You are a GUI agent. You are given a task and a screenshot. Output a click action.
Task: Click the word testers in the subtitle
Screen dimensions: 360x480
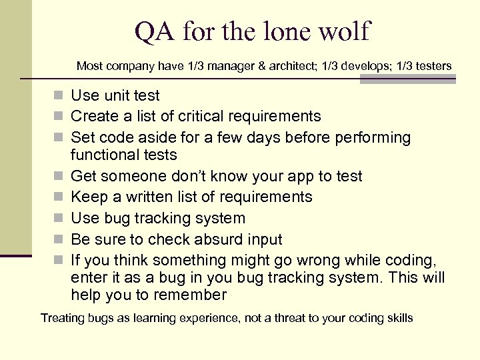(433, 66)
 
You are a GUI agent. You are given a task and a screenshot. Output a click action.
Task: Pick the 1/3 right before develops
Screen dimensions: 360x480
(313, 66)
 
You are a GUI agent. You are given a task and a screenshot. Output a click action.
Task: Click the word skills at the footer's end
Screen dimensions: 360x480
(399, 318)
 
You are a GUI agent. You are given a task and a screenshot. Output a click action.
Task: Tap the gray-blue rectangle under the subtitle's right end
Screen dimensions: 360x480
(407, 79)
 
